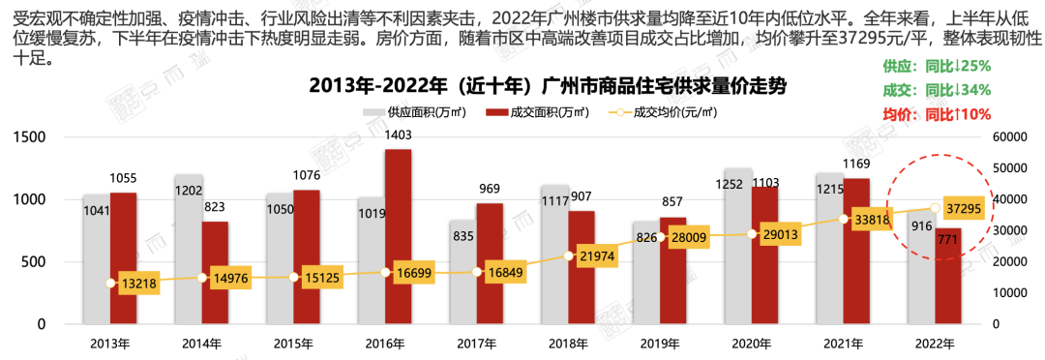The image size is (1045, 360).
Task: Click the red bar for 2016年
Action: (398, 237)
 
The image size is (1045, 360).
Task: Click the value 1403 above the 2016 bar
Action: (398, 136)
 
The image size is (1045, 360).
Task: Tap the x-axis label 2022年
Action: (935, 344)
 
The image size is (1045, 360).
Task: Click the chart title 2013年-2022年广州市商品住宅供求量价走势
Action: (548, 85)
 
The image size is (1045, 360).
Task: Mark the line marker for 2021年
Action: (844, 219)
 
